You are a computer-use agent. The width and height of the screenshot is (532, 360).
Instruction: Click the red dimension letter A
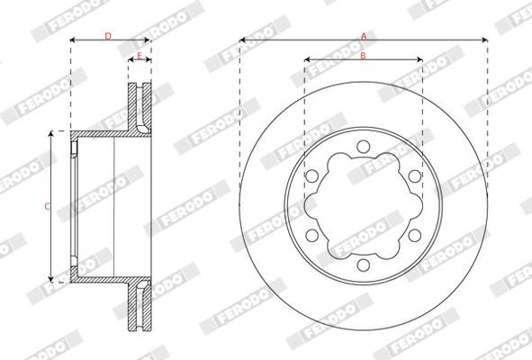pyautogui.click(x=364, y=36)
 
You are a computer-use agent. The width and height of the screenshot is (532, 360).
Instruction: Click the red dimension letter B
pyautogui.click(x=363, y=56)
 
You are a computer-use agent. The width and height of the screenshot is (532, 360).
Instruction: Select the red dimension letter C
pyautogui.click(x=48, y=206)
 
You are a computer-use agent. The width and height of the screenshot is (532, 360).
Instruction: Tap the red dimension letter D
pyautogui.click(x=108, y=36)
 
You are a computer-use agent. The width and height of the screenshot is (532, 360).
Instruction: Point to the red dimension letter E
pyautogui.click(x=140, y=56)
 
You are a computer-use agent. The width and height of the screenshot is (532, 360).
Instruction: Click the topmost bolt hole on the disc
pyautogui.click(x=364, y=146)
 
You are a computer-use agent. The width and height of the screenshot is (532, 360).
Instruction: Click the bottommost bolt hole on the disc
pyautogui.click(x=364, y=265)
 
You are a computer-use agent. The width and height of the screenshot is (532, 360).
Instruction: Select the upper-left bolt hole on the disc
pyautogui.click(x=311, y=176)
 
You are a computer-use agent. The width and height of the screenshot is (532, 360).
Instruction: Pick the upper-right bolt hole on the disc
pyautogui.click(x=415, y=176)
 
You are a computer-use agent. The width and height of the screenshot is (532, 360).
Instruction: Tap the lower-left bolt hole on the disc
pyautogui.click(x=311, y=235)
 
